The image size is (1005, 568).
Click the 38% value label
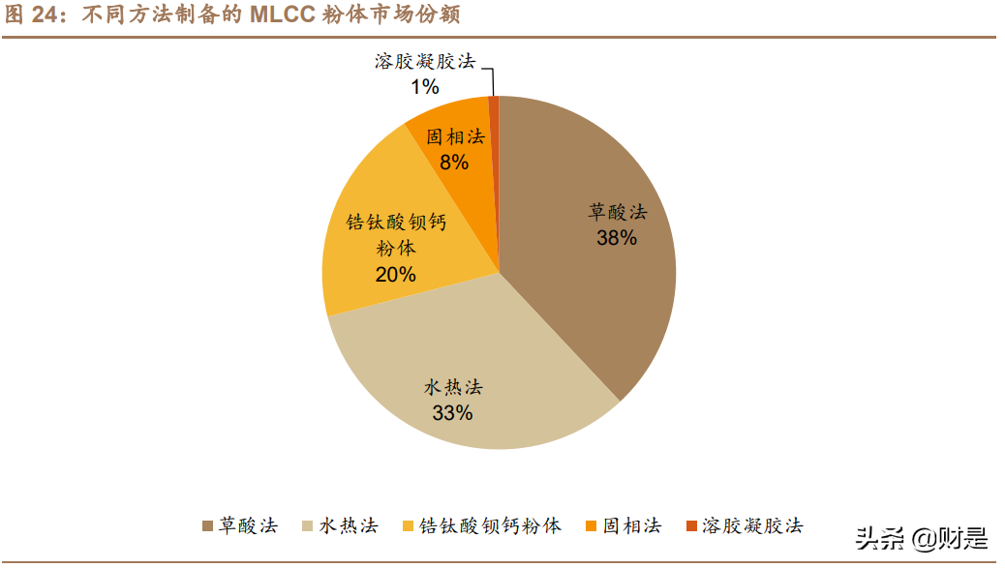click(x=617, y=237)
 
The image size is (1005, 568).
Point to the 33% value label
click(x=452, y=413)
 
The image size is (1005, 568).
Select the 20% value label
click(x=395, y=274)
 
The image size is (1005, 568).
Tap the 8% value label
click(x=454, y=162)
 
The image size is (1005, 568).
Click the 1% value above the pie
click(x=424, y=87)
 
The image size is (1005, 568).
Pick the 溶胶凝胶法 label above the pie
click(x=425, y=62)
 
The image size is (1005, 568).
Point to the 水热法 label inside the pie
click(x=452, y=388)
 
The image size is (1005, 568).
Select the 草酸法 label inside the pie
click(x=617, y=212)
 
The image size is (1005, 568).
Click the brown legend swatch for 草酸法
click(x=207, y=526)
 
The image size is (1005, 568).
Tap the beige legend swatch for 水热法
click(x=309, y=526)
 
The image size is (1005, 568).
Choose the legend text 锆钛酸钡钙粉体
click(x=490, y=526)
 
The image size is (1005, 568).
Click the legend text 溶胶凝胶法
click(x=752, y=526)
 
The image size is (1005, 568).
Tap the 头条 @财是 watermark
click(x=921, y=537)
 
